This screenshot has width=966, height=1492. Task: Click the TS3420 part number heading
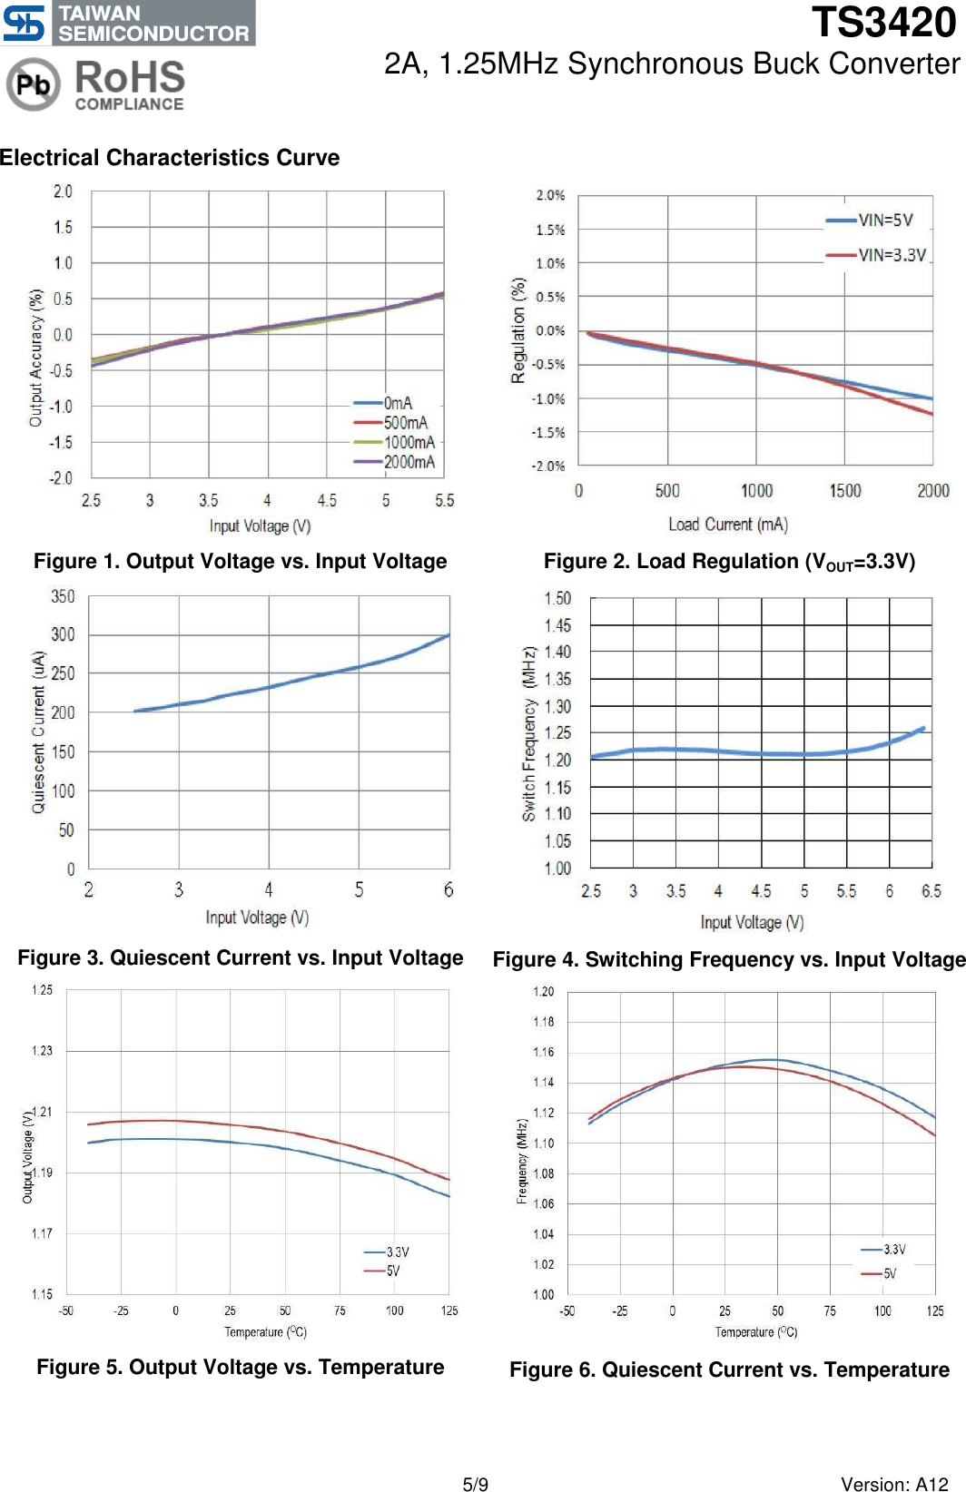click(882, 23)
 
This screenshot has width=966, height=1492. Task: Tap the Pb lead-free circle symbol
click(33, 84)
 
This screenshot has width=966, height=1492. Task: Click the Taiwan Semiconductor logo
click(128, 23)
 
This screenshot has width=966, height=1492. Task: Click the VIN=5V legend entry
click(871, 220)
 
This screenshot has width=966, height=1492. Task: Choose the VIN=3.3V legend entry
click(877, 255)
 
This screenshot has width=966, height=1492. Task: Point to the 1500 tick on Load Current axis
click(844, 491)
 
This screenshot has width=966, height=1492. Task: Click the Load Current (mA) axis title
click(728, 525)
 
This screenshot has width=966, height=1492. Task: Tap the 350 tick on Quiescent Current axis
click(63, 596)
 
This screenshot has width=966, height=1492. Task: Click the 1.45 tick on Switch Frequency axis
click(557, 625)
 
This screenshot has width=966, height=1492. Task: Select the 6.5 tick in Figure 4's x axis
click(931, 891)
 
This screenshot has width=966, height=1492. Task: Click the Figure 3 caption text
click(241, 958)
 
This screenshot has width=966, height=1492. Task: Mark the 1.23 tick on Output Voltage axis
click(42, 1051)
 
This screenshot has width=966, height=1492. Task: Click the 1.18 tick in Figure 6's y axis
click(543, 1022)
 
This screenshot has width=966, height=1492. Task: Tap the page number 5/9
click(475, 1485)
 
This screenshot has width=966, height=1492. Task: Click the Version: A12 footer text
click(893, 1485)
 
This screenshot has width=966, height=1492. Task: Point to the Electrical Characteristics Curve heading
click(170, 158)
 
